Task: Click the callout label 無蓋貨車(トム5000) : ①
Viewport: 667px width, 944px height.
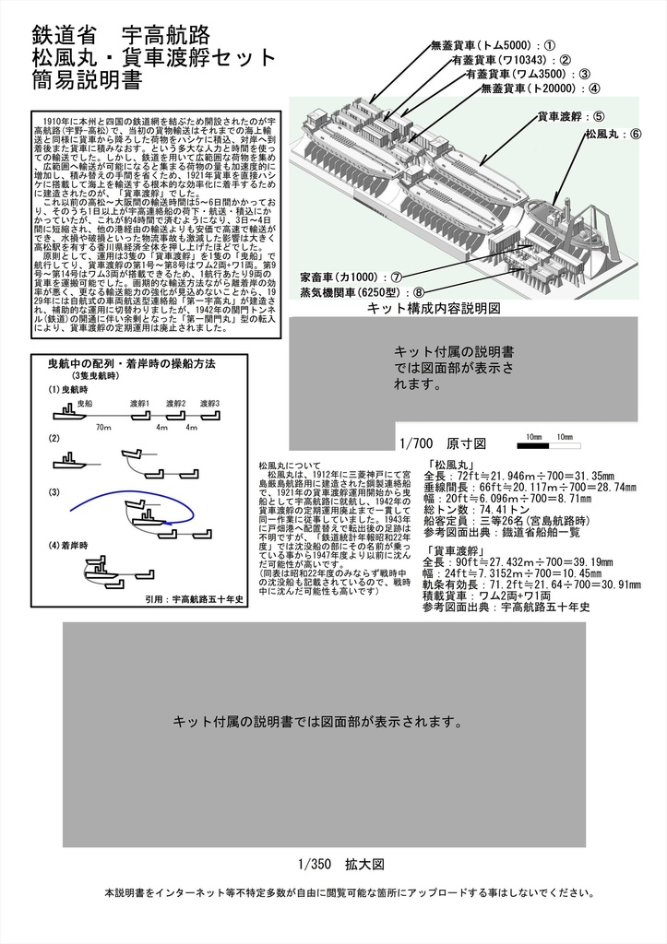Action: [x=493, y=44]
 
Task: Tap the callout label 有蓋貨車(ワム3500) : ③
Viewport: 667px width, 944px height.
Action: [x=528, y=74]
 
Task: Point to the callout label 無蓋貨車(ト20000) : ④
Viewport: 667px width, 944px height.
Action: [x=540, y=88]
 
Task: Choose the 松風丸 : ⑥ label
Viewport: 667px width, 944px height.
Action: [x=612, y=134]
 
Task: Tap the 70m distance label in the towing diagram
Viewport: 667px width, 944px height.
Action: [x=103, y=428]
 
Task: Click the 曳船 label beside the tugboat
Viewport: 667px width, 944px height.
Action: [x=85, y=404]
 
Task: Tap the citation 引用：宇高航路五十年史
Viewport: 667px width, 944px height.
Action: [x=194, y=598]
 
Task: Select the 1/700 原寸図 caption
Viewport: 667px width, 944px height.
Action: [x=435, y=443]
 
